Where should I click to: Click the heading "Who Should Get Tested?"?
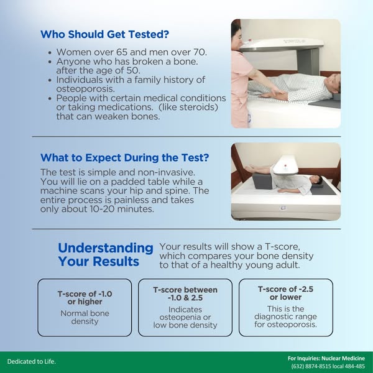[104, 34]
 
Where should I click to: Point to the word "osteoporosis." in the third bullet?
[86, 89]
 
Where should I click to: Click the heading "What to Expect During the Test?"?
[125, 157]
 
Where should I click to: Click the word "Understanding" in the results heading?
[106, 248]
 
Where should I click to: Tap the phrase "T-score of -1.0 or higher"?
[85, 298]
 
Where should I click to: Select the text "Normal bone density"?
[85, 317]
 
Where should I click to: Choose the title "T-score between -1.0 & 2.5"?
[185, 294]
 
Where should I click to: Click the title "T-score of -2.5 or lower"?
[285, 293]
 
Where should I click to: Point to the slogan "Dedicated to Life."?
[32, 362]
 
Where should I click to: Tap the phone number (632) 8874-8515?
[311, 366]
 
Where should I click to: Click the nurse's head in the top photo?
[237, 34]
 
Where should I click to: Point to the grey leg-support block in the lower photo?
[262, 182]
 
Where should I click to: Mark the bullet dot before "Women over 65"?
[50, 53]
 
